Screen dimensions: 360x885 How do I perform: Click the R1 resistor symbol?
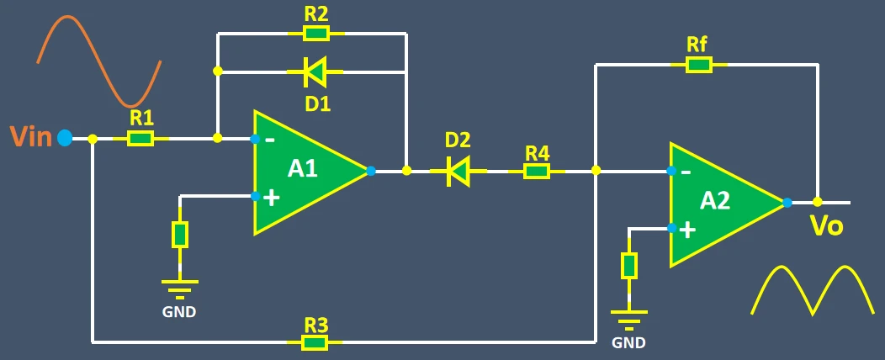tap(140, 139)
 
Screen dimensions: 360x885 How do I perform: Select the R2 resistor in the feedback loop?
tap(315, 34)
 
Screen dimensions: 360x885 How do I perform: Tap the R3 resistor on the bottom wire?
tap(315, 342)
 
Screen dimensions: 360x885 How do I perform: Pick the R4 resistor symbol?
tap(537, 172)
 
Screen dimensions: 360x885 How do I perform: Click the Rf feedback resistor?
tap(698, 65)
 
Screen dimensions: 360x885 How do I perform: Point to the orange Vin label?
tap(31, 137)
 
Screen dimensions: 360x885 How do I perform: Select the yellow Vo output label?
tap(826, 227)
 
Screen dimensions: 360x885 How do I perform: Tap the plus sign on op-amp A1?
tap(271, 198)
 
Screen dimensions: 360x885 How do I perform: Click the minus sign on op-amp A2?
tap(686, 173)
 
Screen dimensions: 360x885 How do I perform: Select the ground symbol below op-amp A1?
tap(179, 289)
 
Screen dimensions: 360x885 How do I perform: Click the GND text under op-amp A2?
tap(628, 342)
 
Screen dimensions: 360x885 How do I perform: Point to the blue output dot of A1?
tap(371, 172)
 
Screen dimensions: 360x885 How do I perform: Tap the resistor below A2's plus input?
tap(628, 266)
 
